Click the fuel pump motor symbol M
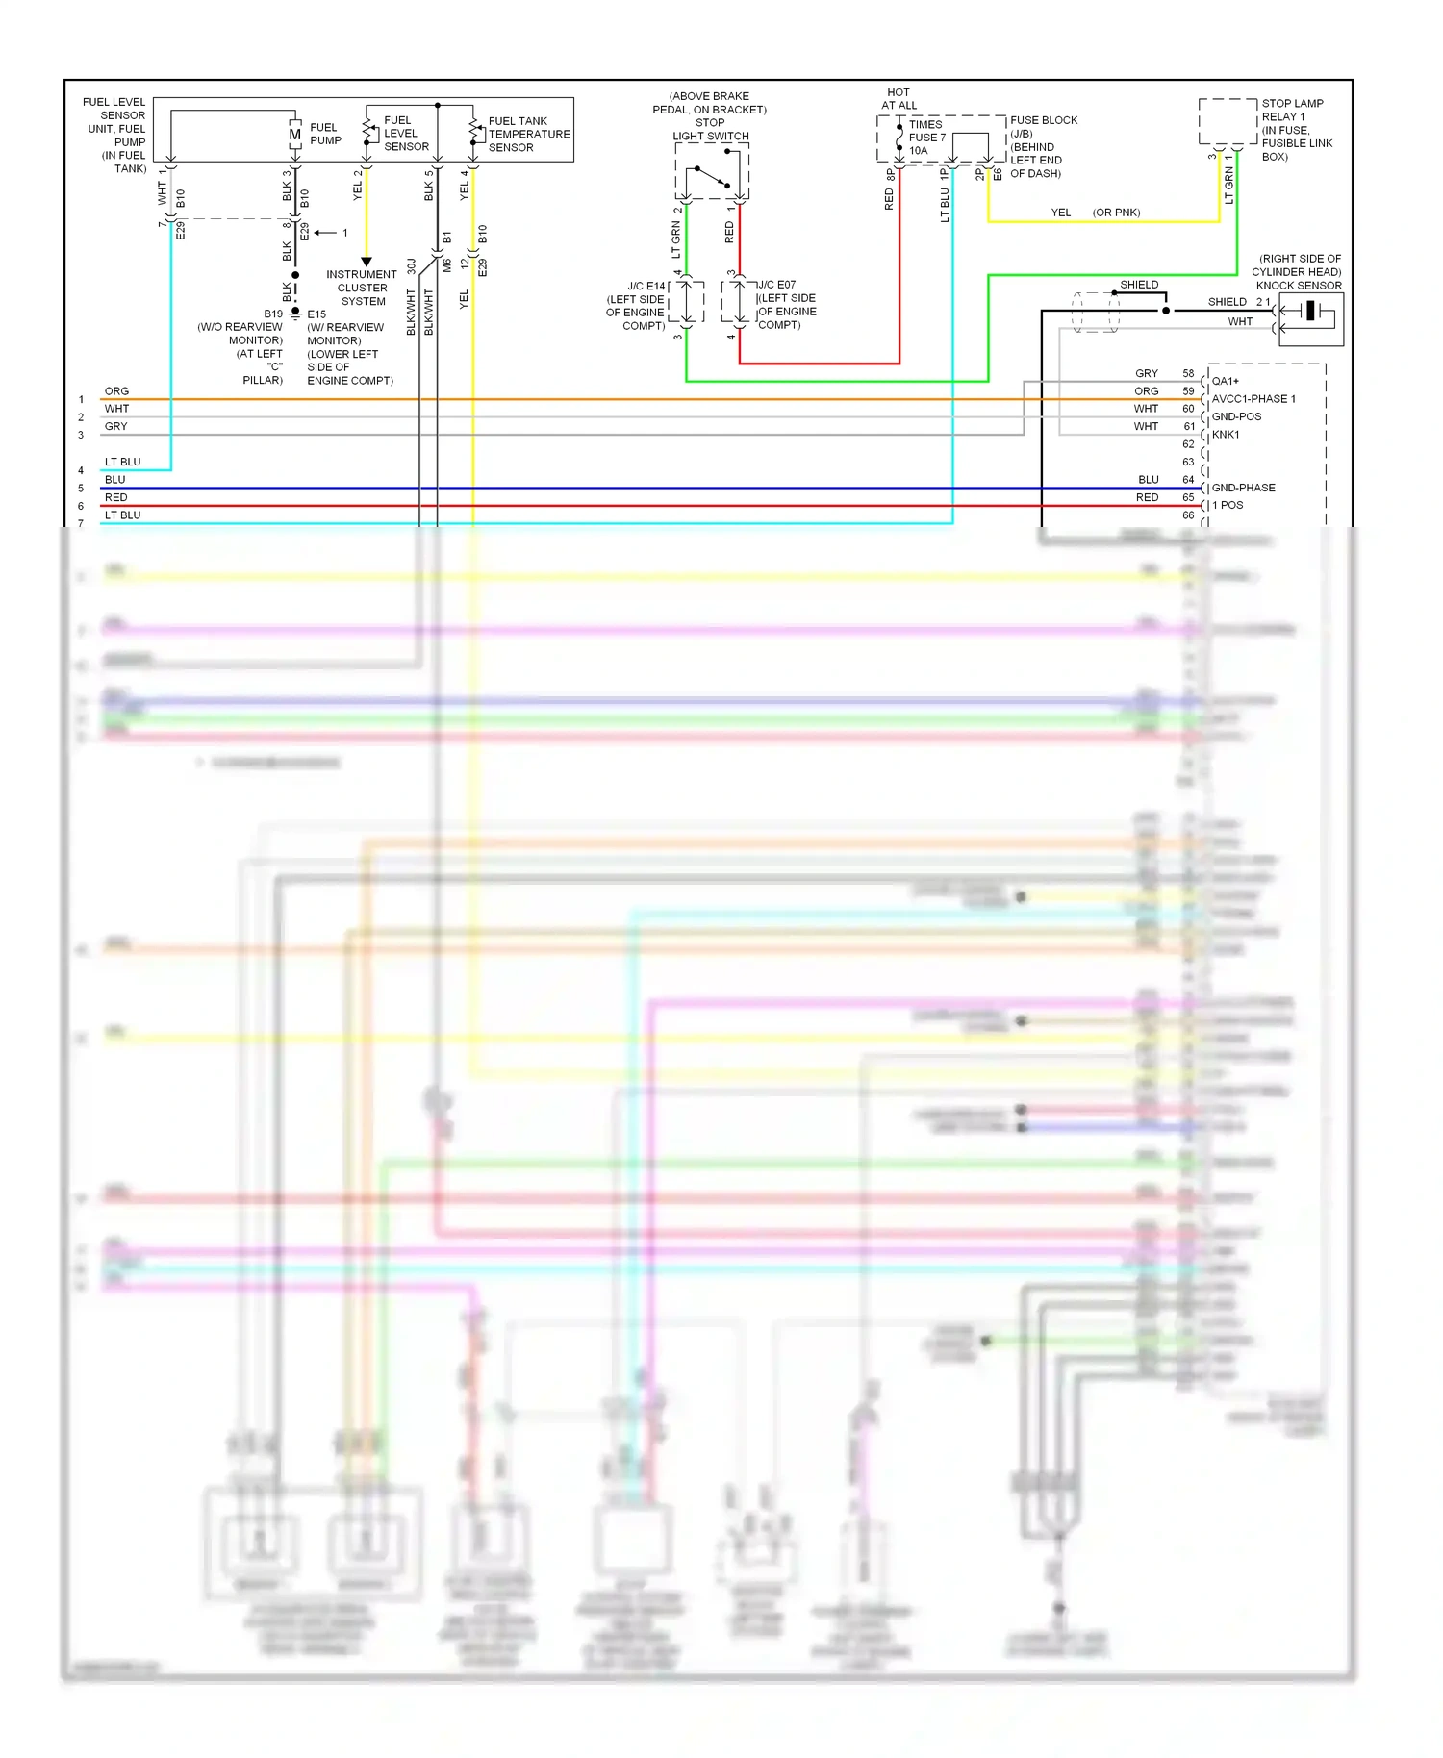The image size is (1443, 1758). click(x=295, y=135)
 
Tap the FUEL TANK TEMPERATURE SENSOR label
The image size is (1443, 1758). click(x=528, y=135)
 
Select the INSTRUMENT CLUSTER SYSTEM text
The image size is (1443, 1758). click(x=362, y=288)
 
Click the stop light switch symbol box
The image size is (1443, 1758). click(x=712, y=173)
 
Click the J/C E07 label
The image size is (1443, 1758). click(x=777, y=285)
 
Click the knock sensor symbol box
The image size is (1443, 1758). click(x=1310, y=319)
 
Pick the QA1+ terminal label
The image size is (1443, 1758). click(x=1226, y=381)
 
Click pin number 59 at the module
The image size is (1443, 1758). click(x=1188, y=391)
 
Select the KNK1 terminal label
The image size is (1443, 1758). click(x=1226, y=435)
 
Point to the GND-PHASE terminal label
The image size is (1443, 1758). click(x=1243, y=488)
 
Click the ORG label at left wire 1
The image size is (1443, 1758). click(x=116, y=391)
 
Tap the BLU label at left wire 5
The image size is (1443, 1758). click(x=114, y=480)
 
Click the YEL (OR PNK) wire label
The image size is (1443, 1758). click(x=1095, y=213)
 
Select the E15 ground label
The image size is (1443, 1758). click(x=316, y=314)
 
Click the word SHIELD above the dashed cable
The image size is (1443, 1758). click(x=1139, y=285)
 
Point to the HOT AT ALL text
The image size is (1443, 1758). click(x=899, y=99)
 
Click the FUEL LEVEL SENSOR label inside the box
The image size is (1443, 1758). click(x=406, y=134)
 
